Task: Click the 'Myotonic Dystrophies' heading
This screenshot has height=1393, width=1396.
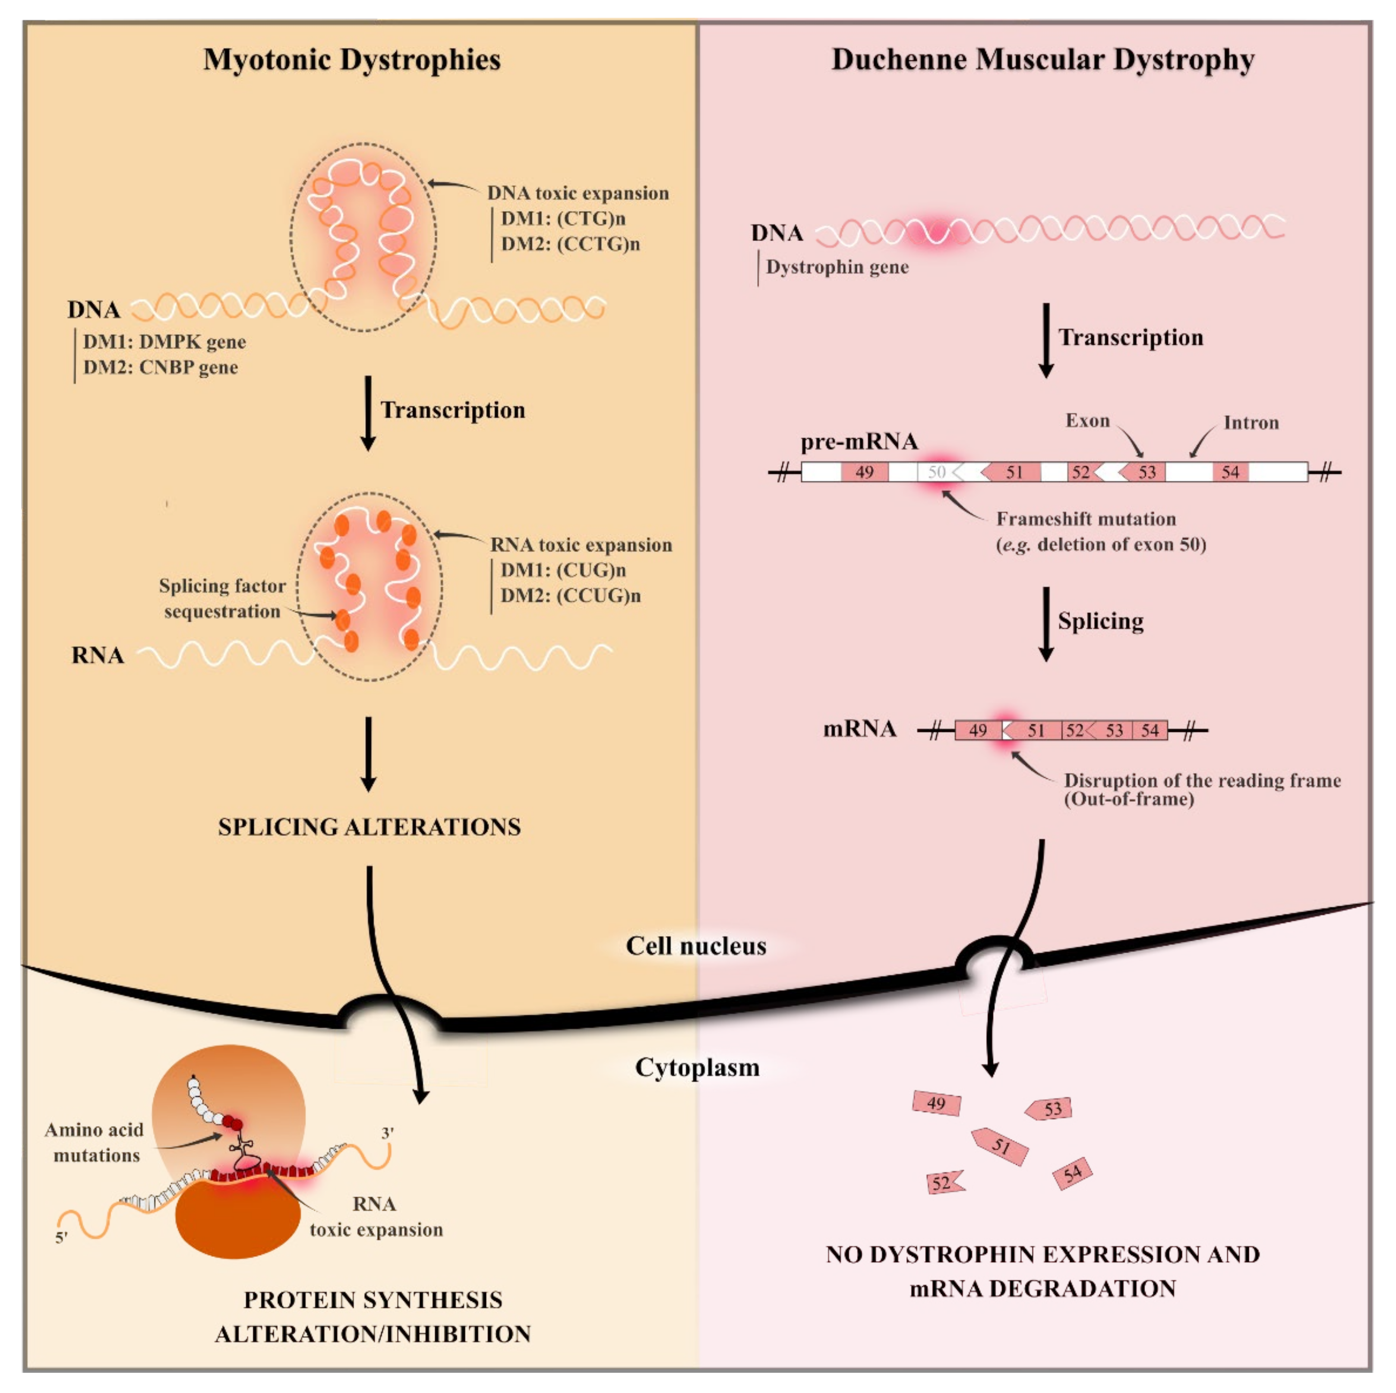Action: click(352, 59)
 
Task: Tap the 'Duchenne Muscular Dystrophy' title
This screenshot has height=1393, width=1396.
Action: click(1042, 59)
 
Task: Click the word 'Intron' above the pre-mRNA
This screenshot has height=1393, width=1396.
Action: click(1251, 422)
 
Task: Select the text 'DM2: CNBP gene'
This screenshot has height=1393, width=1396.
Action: click(161, 368)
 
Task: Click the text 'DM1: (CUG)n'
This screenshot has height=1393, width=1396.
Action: click(563, 570)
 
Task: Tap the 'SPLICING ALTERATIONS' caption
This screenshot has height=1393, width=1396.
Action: click(369, 826)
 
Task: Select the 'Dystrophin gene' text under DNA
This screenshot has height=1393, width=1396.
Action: click(837, 267)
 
